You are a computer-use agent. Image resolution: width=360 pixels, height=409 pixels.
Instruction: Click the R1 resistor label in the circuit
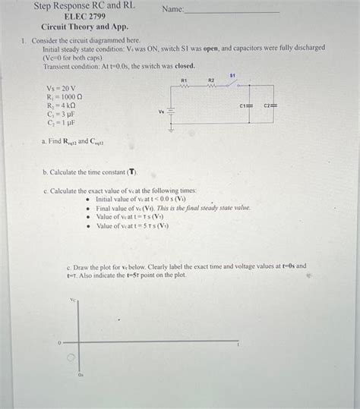(184, 80)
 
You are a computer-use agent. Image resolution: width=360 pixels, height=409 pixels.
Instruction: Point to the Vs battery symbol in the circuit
(171, 112)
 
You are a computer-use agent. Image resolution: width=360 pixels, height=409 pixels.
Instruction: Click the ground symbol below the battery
(171, 128)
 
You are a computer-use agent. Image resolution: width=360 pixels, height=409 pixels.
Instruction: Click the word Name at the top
(173, 9)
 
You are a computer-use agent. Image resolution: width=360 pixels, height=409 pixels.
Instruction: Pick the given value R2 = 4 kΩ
(62, 105)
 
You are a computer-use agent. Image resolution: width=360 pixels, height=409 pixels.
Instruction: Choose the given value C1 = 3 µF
(61, 113)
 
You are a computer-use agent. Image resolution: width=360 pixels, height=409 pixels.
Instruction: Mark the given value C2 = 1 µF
(61, 121)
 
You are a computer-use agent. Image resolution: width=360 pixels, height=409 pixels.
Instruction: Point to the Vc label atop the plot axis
(73, 300)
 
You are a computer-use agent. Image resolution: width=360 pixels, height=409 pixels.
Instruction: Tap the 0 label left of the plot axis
(59, 343)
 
